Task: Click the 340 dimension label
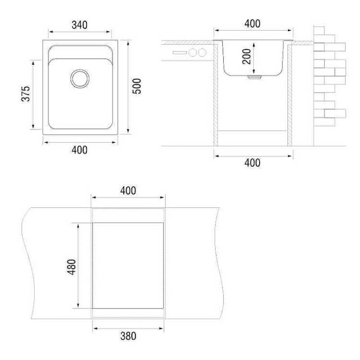click(x=79, y=25)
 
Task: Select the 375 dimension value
click(x=26, y=94)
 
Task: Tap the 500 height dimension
click(x=137, y=86)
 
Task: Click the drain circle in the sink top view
click(x=80, y=79)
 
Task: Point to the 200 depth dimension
click(x=247, y=57)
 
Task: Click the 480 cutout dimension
click(x=72, y=267)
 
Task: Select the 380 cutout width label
click(x=128, y=336)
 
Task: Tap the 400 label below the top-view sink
click(x=79, y=150)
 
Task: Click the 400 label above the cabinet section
click(x=252, y=24)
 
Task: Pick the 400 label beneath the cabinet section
click(x=252, y=163)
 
